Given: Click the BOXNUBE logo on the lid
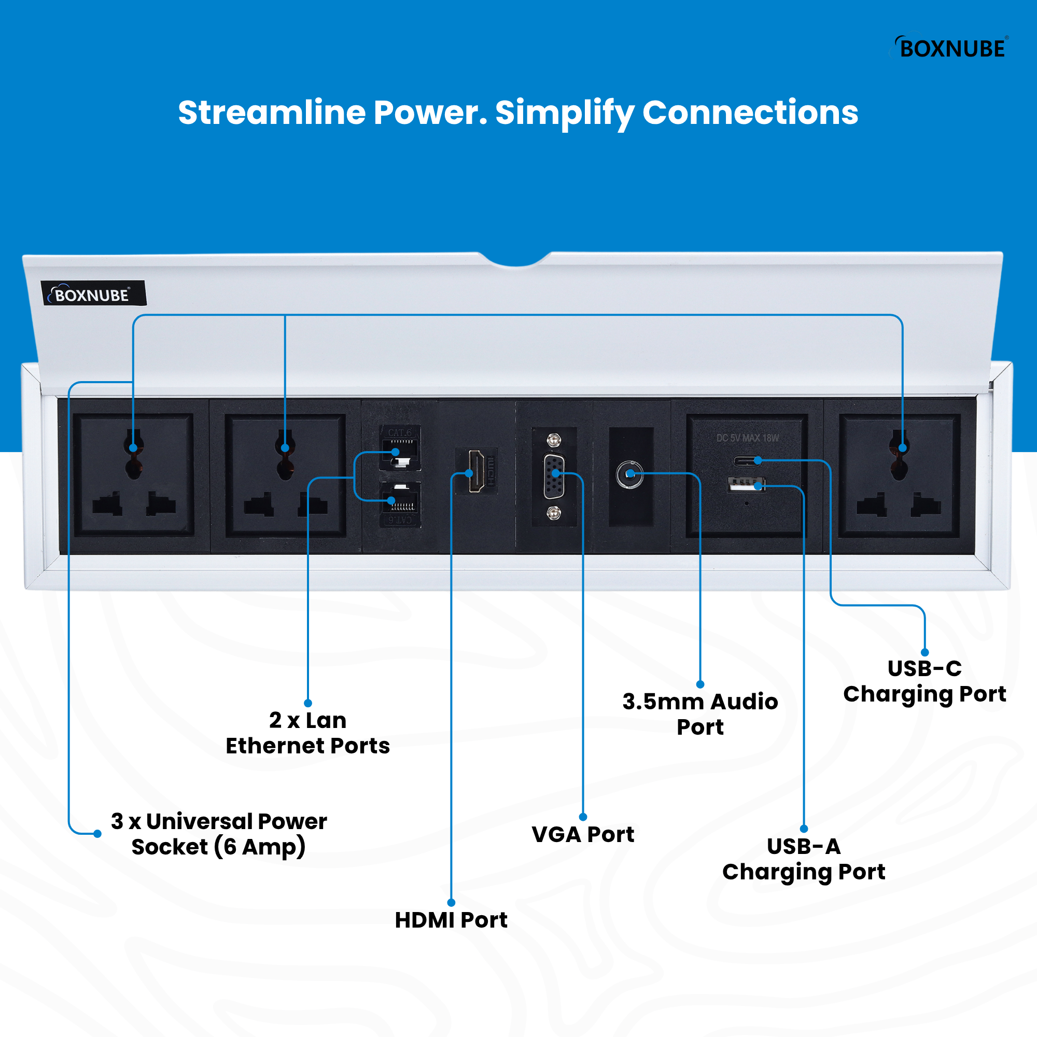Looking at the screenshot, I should tap(93, 294).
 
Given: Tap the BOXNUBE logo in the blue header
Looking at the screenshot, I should tap(950, 48).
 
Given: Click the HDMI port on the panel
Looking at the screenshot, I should tap(476, 472).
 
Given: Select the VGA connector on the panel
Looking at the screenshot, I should tap(554, 476).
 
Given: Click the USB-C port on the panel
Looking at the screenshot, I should tap(747, 460).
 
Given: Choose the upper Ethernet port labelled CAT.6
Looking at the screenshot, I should tap(400, 452).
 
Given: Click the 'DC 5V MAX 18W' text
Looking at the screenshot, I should tap(747, 438).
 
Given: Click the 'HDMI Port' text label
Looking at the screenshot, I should tap(451, 920).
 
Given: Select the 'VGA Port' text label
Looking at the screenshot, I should tap(583, 835).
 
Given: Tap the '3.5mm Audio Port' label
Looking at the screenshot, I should tap(700, 714).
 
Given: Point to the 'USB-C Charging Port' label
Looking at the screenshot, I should tap(924, 681).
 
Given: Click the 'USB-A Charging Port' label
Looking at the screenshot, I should tap(804, 859).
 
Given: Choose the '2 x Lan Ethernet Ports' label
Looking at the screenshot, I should tap(307, 733).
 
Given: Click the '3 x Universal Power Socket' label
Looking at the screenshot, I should tap(218, 834).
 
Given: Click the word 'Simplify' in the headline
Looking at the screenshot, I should tap(565, 114).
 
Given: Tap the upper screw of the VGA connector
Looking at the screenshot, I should tap(553, 441).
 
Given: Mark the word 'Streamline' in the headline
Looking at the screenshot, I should tap(272, 113).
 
